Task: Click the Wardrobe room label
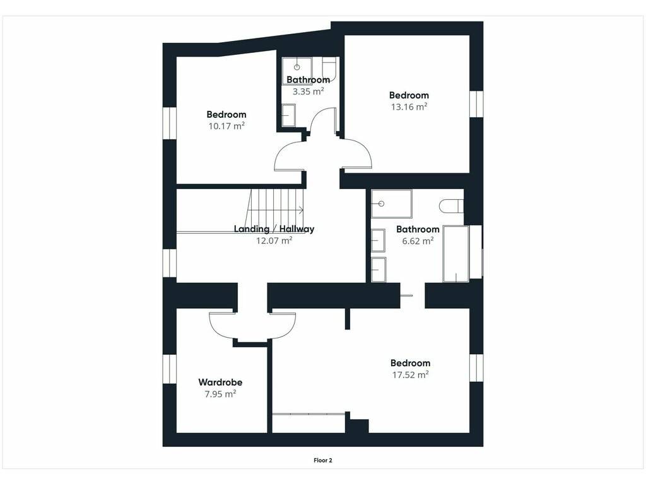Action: [220, 382]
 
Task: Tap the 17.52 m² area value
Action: [410, 374]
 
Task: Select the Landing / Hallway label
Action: [274, 229]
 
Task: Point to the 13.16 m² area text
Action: [409, 107]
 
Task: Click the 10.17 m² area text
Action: [226, 126]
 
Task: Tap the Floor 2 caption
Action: [322, 460]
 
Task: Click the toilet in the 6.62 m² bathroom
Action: [451, 206]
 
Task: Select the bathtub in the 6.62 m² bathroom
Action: [456, 253]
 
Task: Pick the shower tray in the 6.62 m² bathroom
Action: [391, 204]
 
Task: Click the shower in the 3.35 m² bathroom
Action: [297, 71]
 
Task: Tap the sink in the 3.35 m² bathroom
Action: [288, 115]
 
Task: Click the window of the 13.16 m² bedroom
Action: [476, 104]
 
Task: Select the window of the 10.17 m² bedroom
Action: [169, 124]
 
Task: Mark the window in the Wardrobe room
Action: [169, 369]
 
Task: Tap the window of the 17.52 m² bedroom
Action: [476, 367]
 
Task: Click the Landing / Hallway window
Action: [169, 263]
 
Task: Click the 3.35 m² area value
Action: [308, 91]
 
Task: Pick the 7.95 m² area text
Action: [220, 394]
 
